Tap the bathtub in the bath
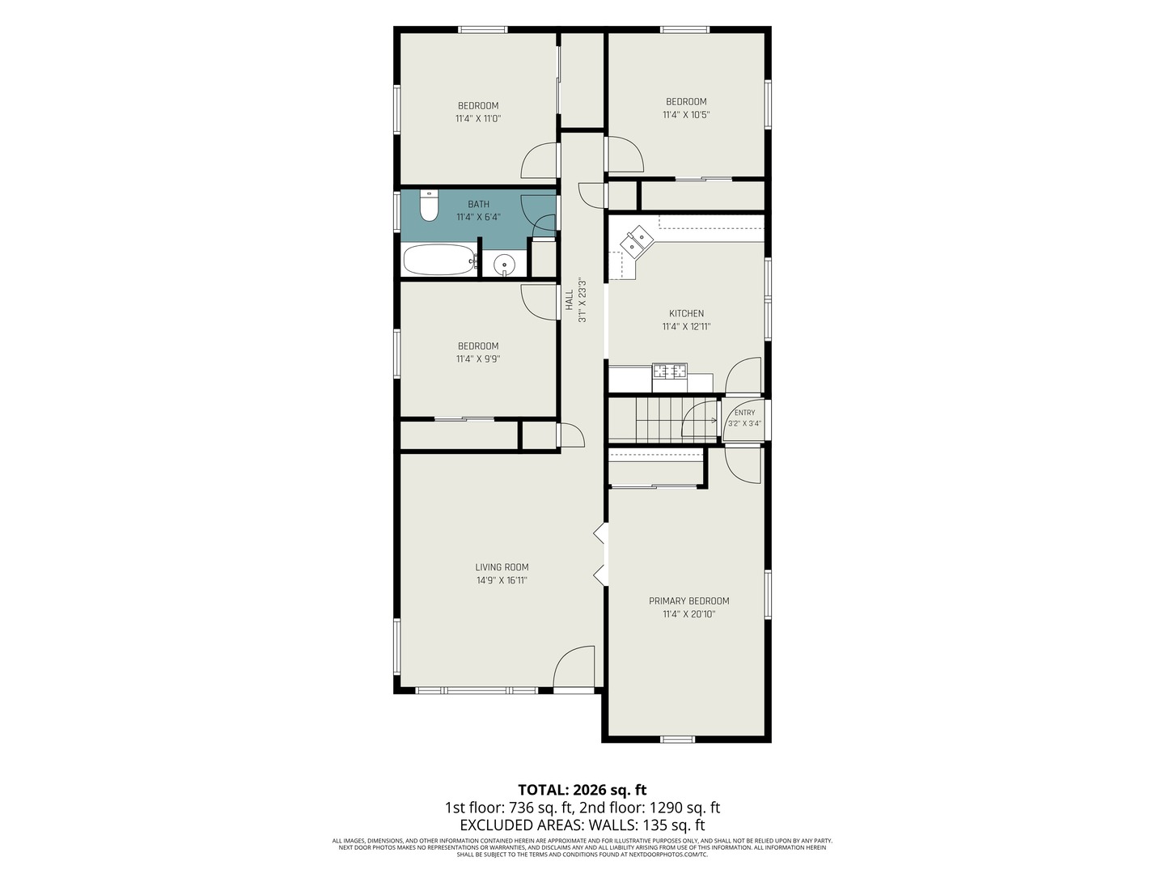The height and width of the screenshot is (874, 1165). tap(439, 260)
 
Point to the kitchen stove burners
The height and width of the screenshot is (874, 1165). tap(669, 371)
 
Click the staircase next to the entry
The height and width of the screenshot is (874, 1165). tap(663, 420)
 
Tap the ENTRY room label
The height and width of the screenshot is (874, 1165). tap(744, 413)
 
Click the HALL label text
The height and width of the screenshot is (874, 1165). tap(569, 299)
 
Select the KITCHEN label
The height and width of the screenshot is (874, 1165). tap(686, 314)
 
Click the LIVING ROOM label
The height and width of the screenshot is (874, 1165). tap(502, 567)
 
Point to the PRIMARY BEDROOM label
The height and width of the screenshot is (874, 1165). tap(689, 601)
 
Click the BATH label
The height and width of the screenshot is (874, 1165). tap(478, 204)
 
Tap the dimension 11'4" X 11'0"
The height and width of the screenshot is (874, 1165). tap(478, 118)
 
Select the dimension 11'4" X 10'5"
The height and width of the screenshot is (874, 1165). tap(686, 114)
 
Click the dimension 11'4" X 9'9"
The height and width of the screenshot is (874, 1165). tap(478, 359)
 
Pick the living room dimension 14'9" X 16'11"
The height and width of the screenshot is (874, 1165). tap(502, 580)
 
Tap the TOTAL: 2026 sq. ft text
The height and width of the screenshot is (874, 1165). tap(582, 790)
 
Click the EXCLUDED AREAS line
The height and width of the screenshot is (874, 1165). tap(582, 825)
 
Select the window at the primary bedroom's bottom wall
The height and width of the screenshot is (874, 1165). tap(678, 739)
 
